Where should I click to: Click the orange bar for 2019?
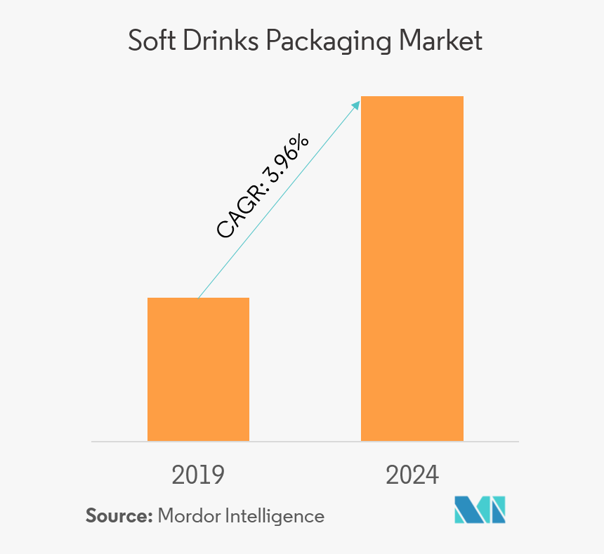click(x=198, y=369)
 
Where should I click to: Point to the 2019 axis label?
click(x=198, y=475)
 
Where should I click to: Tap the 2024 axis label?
click(x=412, y=475)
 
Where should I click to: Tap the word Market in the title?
click(x=441, y=41)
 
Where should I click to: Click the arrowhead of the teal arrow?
click(x=356, y=103)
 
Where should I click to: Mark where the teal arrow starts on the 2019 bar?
click(x=199, y=298)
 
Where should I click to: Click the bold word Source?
click(x=119, y=516)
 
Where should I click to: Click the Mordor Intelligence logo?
click(x=480, y=510)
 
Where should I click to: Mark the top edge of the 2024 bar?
click(x=412, y=96)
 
